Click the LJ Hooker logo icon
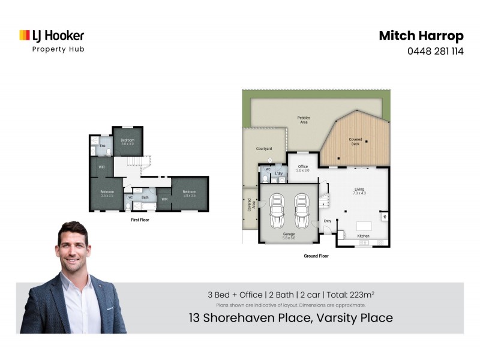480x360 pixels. tap(25, 36)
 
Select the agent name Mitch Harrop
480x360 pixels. tap(421, 35)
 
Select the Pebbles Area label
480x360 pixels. tap(304, 119)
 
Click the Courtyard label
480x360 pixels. tap(265, 148)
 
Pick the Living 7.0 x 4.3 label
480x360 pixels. tap(359, 191)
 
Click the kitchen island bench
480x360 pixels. tap(364, 226)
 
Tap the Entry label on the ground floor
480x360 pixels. tap(328, 221)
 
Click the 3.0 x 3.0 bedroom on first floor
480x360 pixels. tap(128, 142)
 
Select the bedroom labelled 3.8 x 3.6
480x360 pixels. tap(190, 193)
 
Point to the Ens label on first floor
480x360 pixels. tap(103, 146)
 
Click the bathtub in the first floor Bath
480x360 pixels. tap(144, 206)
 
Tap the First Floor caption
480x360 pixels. tap(140, 220)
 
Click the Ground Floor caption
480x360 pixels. tap(316, 256)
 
